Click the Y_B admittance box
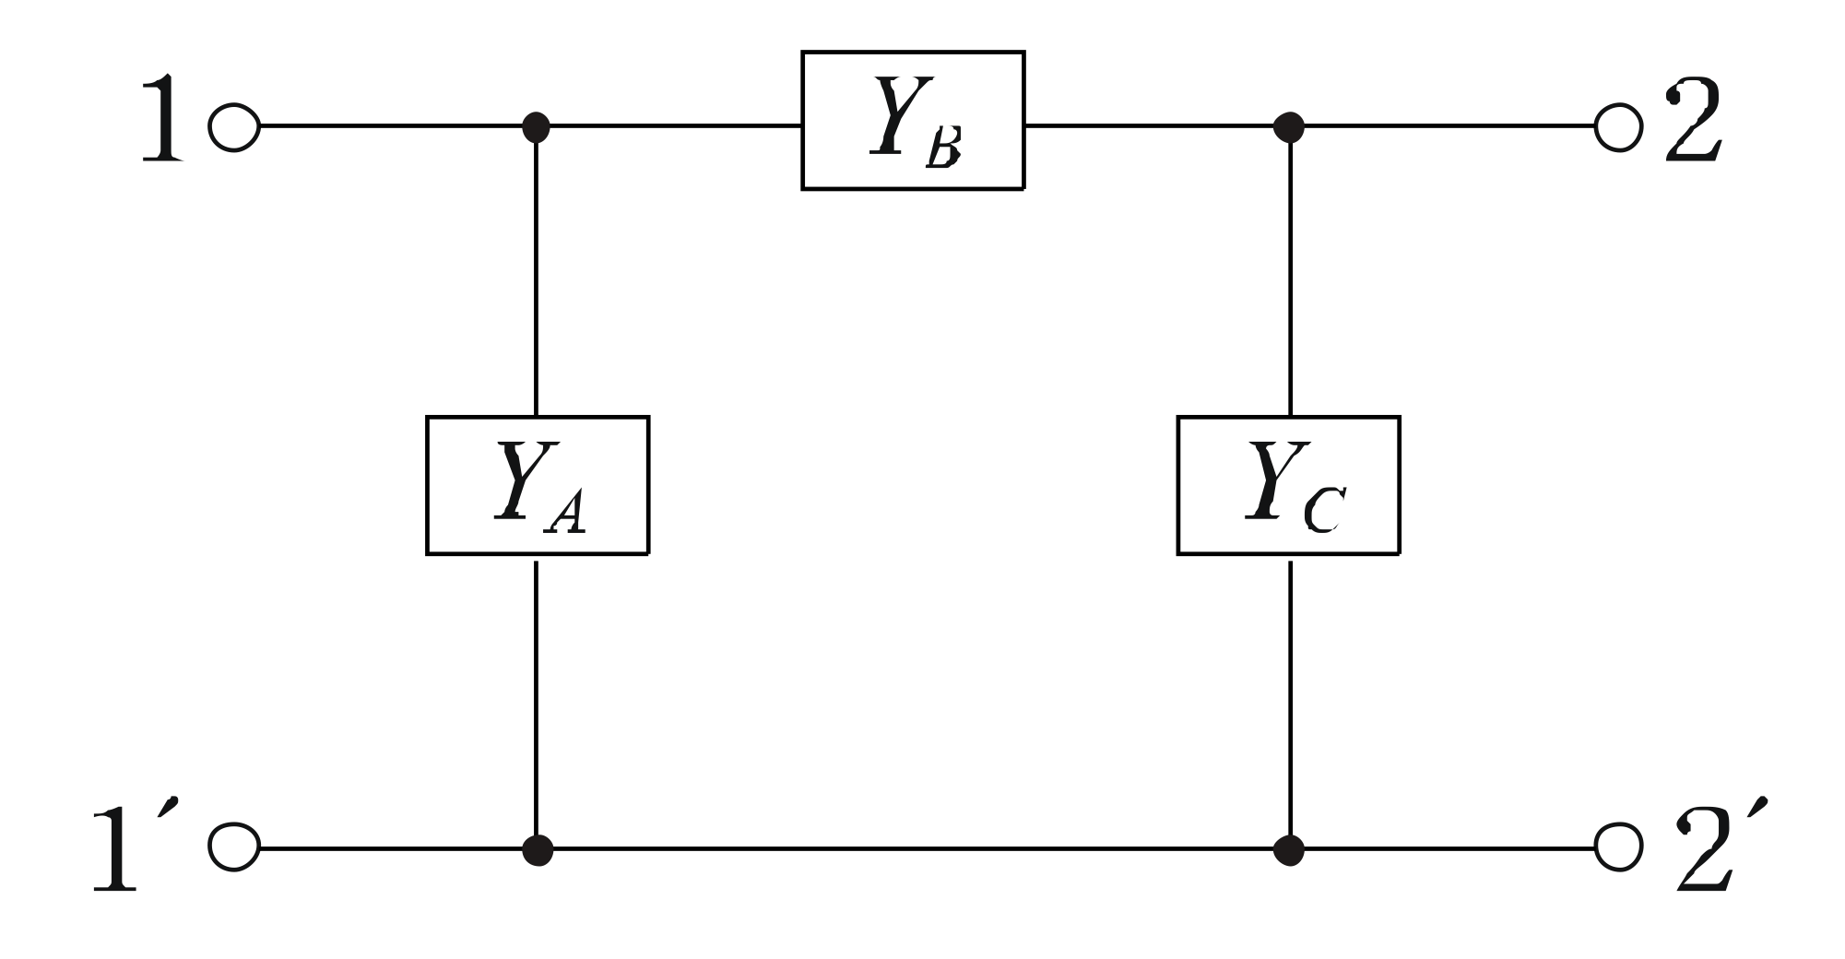click(913, 120)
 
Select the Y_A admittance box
click(538, 485)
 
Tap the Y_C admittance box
click(1288, 485)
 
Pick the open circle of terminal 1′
click(234, 847)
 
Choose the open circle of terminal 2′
click(1619, 847)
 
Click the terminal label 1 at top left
click(162, 120)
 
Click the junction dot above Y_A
click(537, 125)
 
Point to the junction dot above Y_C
click(1289, 125)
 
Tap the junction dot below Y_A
click(537, 847)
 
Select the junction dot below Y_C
click(1289, 847)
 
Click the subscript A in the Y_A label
click(565, 517)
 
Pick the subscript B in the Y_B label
click(943, 150)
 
